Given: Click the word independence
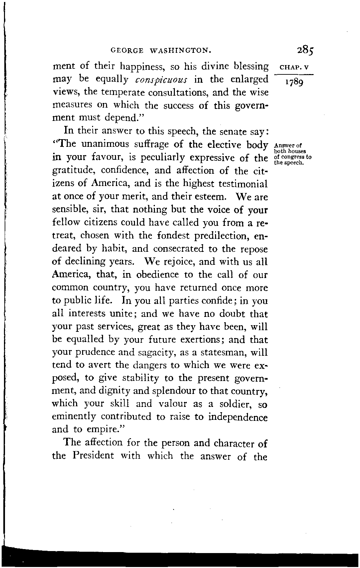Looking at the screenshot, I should point(238,417).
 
